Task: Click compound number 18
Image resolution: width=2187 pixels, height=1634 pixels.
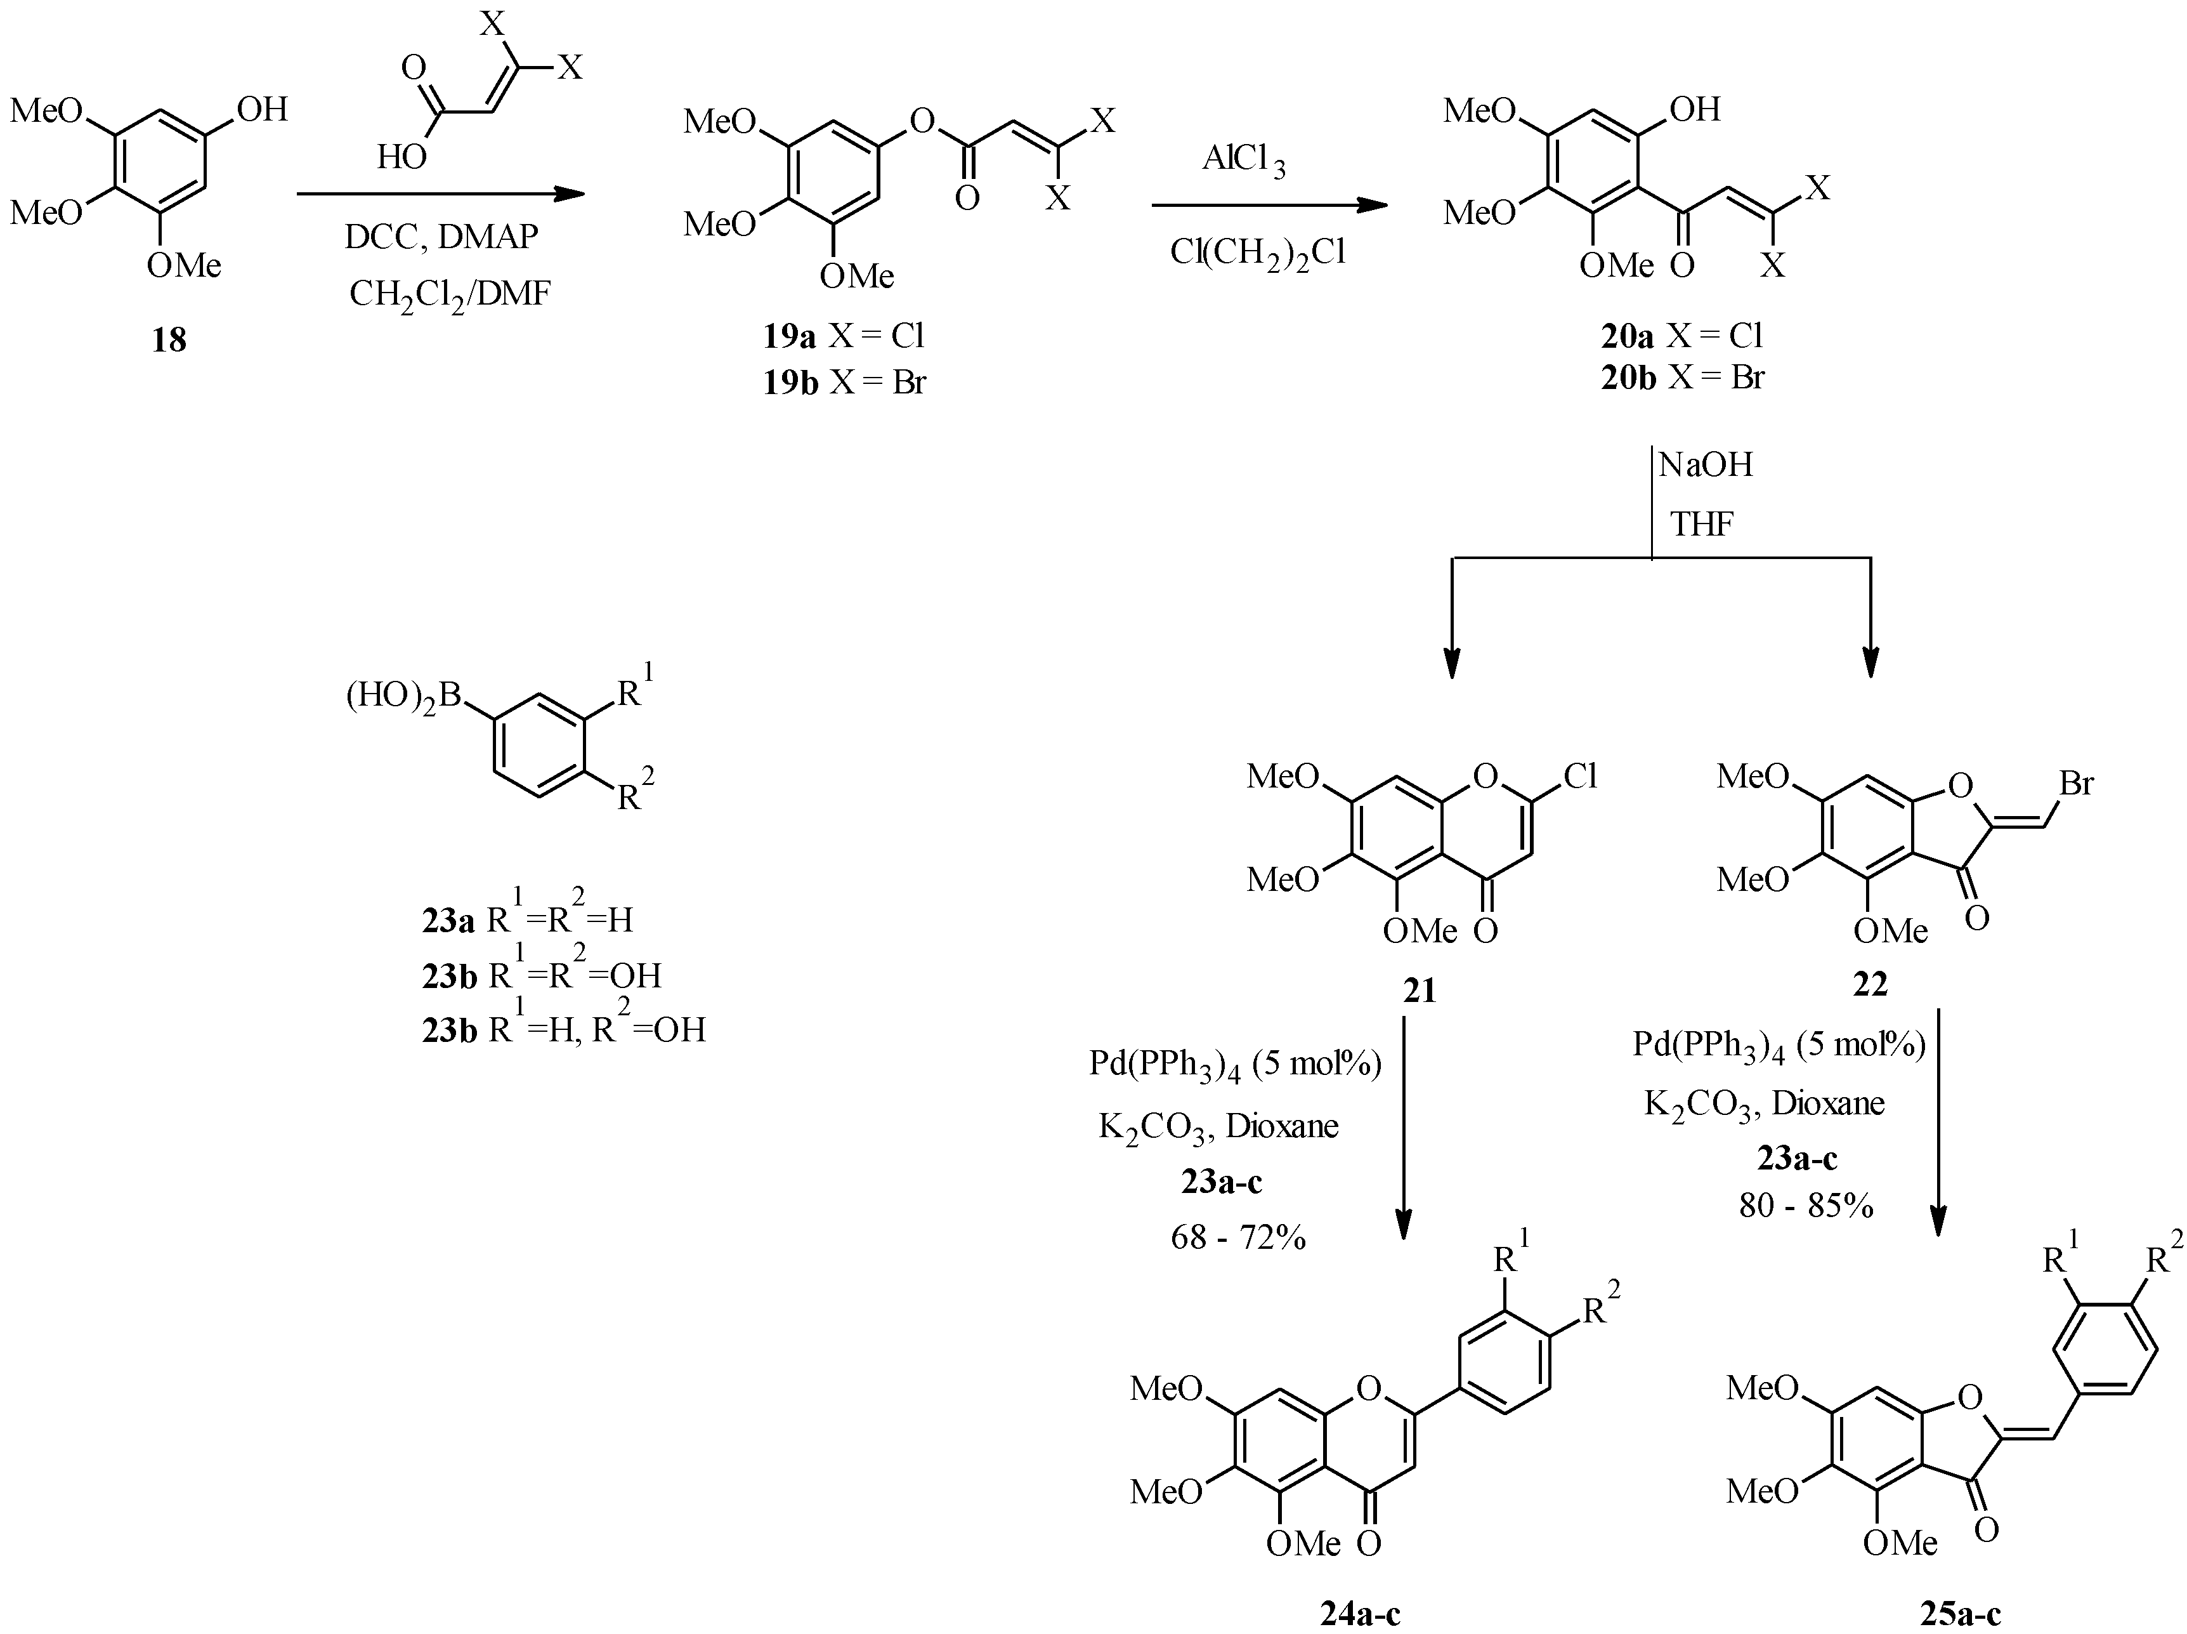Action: point(169,340)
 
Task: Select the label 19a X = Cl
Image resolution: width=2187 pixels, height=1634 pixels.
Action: point(844,336)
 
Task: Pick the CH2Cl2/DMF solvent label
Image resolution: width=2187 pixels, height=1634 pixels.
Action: point(449,294)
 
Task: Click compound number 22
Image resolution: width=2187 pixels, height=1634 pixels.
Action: point(1870,984)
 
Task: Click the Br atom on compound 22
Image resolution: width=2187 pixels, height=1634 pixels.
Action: point(2076,784)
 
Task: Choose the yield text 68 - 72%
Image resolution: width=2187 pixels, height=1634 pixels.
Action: point(1238,1236)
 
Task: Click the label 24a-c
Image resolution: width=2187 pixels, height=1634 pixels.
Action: point(1361,1614)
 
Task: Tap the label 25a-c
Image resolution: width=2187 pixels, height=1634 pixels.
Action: point(1961,1614)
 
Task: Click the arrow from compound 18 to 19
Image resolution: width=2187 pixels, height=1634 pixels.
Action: point(441,194)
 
